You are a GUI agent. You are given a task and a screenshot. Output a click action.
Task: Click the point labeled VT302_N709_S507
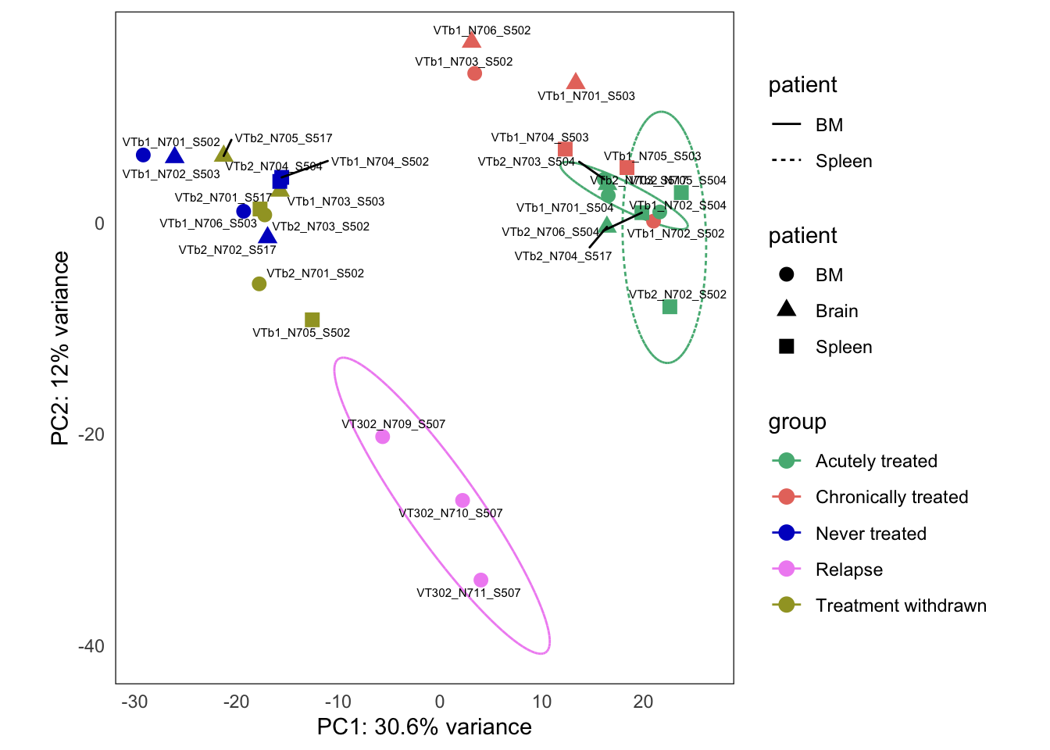click(x=382, y=437)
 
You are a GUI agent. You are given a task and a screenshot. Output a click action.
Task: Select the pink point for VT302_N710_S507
click(x=462, y=500)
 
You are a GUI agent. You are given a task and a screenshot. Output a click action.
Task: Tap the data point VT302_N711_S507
click(x=480, y=580)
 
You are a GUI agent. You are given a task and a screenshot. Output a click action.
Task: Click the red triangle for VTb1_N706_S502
click(x=471, y=41)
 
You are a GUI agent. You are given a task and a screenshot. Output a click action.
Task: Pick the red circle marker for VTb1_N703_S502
click(x=474, y=73)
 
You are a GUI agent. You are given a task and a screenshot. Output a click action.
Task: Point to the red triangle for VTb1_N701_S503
click(x=576, y=82)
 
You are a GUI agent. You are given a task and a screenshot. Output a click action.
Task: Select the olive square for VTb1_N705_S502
click(x=312, y=320)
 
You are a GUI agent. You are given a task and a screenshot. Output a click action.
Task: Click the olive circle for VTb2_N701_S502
click(x=259, y=284)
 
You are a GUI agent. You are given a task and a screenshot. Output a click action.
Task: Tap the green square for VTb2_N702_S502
click(x=670, y=307)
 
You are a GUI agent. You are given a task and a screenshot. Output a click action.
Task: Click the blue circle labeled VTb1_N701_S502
click(x=143, y=155)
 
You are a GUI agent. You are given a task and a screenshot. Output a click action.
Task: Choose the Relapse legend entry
click(x=848, y=570)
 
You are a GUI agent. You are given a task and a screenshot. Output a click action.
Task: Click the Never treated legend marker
click(x=786, y=533)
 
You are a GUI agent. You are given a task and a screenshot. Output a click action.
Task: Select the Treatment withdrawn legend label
click(x=900, y=605)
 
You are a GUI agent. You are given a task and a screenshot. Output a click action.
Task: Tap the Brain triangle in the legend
click(x=786, y=309)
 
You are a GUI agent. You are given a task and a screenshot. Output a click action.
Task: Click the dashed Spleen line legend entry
click(x=786, y=161)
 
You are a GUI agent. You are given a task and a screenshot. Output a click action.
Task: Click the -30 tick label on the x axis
click(x=134, y=702)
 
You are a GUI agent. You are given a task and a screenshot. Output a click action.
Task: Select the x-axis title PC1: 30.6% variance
click(x=424, y=727)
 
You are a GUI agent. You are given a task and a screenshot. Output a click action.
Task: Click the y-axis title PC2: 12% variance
click(x=60, y=348)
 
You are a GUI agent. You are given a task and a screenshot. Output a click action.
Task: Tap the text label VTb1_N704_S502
click(x=380, y=162)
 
